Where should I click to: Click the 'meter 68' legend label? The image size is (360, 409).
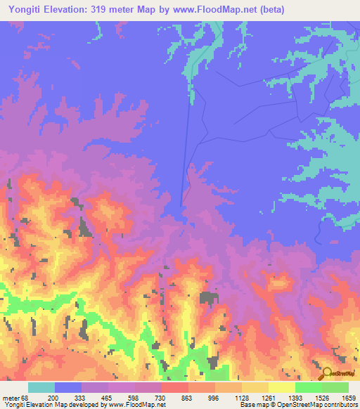click(14, 398)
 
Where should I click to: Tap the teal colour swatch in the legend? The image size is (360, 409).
click(41, 387)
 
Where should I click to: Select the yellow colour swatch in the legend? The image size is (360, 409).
click(281, 387)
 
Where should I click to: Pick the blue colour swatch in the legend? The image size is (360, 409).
click(68, 387)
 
